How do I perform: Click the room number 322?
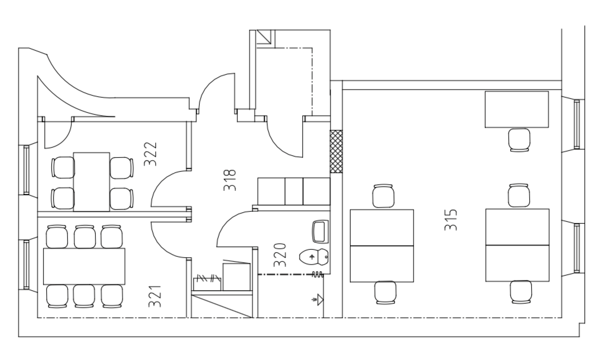point(151,154)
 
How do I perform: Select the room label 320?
point(280,255)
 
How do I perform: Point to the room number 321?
point(155,296)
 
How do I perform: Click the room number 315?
point(451,220)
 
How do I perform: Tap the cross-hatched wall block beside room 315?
point(336,151)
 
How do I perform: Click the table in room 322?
point(92,182)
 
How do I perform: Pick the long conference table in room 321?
point(84,267)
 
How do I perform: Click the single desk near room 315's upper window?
point(517,109)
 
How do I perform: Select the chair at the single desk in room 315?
point(519,140)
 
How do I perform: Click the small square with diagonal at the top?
point(265,37)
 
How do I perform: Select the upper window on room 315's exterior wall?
point(577,124)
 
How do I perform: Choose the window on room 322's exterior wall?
point(26,170)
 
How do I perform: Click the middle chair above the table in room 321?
point(85,236)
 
